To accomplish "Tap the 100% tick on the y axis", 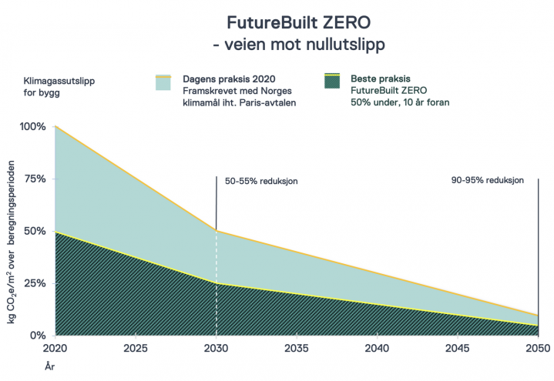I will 32,126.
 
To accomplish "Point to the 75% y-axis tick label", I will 35,179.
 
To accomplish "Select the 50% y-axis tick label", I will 35,231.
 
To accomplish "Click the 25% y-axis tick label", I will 35,283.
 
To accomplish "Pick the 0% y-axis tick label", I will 38,336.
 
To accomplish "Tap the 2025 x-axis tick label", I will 136,349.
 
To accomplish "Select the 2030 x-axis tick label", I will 216,349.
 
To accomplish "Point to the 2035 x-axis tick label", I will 297,349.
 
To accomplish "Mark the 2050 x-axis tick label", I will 537,349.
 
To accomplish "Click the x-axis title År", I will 49,367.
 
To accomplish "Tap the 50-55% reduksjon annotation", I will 260,181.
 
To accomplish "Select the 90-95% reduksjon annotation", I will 488,181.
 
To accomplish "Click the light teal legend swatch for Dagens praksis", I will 163,83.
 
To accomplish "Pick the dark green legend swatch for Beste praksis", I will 331,83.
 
